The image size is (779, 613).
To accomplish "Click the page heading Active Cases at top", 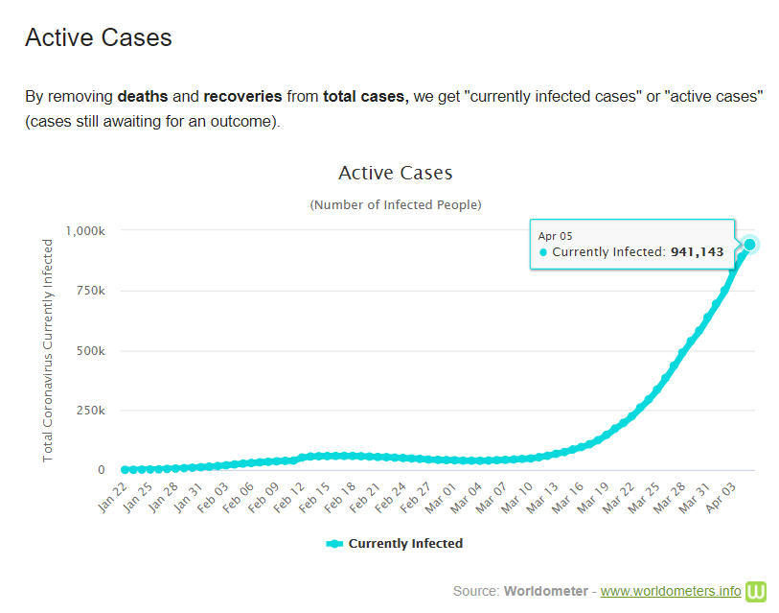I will [x=98, y=37].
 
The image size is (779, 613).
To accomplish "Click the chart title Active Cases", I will [x=395, y=173].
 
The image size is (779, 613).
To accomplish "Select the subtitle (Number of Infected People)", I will [x=395, y=204].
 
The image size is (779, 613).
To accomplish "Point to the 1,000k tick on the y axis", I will [x=84, y=230].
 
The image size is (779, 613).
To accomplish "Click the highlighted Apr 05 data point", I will [x=749, y=245].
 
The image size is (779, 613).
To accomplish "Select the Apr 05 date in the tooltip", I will [x=555, y=235].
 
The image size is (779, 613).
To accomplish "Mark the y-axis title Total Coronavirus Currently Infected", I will [x=48, y=350].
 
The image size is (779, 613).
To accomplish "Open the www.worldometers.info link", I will [x=670, y=590].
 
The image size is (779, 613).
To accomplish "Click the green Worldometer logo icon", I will [x=757, y=590].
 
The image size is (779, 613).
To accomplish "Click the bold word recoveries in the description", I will [x=242, y=97].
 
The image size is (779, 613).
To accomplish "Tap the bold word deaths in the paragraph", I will [x=142, y=97].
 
